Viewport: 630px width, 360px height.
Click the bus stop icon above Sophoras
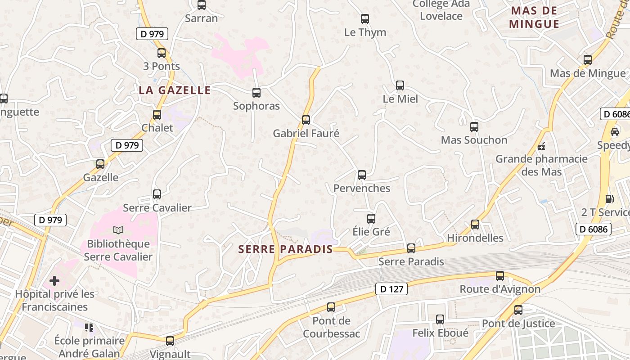256,93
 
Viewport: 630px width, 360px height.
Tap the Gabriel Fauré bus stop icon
306,120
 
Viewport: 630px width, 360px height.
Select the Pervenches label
362,188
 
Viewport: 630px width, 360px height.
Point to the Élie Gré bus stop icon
371,219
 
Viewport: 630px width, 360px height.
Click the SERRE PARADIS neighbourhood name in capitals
285,249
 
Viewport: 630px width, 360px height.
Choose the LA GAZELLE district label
175,90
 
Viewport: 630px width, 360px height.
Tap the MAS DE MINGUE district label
534,17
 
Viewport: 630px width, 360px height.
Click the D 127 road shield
391,289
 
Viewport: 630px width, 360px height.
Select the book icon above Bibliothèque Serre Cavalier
118,230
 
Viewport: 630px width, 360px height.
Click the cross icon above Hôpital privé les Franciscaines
54,281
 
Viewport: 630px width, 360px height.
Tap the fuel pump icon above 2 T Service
610,198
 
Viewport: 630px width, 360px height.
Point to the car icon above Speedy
615,132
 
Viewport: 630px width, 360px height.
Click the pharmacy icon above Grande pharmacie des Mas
542,146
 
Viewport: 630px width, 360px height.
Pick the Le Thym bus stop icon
365,19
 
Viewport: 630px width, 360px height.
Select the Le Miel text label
400,99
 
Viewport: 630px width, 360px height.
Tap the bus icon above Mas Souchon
474,127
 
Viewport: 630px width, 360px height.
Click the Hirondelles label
475,238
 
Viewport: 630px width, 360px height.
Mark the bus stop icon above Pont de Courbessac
331,307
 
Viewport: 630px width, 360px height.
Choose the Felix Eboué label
441,333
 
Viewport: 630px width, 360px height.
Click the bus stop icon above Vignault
170,341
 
